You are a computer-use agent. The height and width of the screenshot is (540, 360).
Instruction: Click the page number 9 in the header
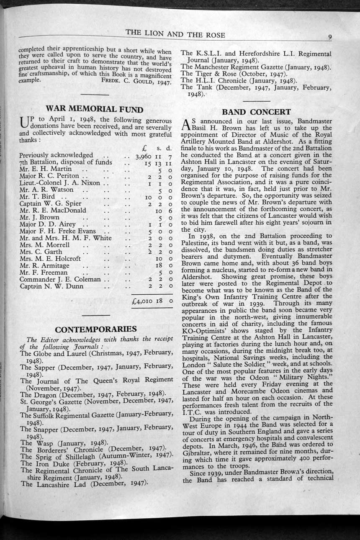(x=330, y=37)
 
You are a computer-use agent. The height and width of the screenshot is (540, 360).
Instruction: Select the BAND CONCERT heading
(x=256, y=112)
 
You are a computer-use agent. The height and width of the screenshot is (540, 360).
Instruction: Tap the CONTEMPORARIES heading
(x=96, y=329)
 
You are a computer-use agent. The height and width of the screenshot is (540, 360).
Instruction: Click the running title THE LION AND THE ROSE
(x=175, y=35)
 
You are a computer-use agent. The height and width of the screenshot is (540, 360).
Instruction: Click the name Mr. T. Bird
(x=37, y=196)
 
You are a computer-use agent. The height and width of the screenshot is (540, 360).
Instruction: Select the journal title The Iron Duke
(x=46, y=463)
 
